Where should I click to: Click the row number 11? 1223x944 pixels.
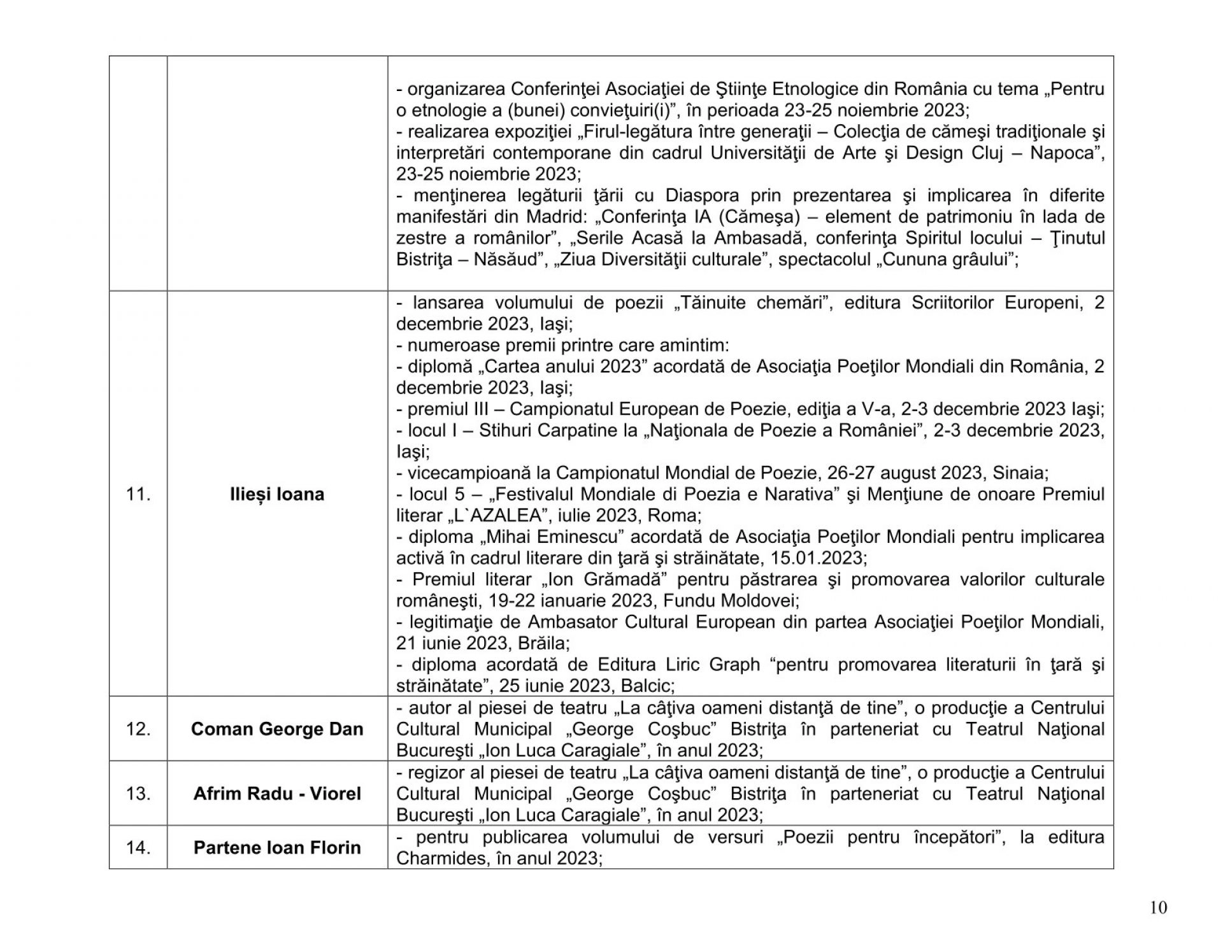click(x=138, y=494)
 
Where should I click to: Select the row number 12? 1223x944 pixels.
click(x=138, y=729)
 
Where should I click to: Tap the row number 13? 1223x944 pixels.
click(x=138, y=794)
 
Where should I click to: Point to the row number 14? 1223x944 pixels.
click(x=138, y=848)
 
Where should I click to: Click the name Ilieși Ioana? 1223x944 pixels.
click(x=277, y=494)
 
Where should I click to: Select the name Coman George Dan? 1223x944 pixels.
click(x=277, y=729)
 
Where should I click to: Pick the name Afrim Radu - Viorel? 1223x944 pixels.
click(x=277, y=794)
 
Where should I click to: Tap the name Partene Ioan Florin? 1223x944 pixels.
click(x=277, y=848)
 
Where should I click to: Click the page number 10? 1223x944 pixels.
click(x=1159, y=908)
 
